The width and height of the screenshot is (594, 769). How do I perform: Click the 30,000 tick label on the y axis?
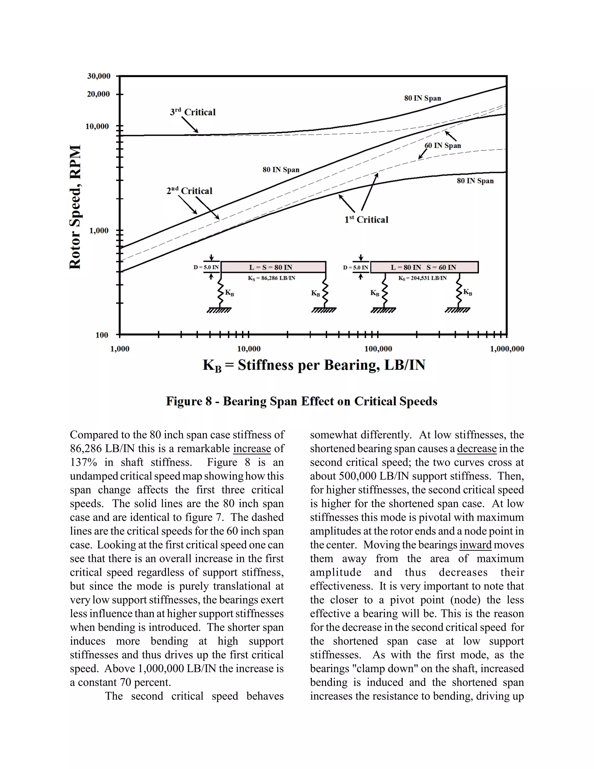pyautogui.click(x=99, y=76)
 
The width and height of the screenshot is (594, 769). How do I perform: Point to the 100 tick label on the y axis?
pyautogui.click(x=102, y=335)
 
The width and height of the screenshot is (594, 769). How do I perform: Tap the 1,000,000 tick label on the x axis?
pyautogui.click(x=507, y=349)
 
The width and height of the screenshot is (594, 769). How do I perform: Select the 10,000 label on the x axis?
pyautogui.click(x=249, y=349)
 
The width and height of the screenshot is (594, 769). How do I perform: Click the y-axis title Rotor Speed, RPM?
pyautogui.click(x=75, y=207)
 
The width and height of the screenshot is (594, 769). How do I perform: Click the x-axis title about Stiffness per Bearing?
pyautogui.click(x=314, y=365)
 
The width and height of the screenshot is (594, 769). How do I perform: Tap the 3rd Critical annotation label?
pyautogui.click(x=193, y=112)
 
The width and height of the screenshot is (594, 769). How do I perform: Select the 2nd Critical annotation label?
pyautogui.click(x=189, y=191)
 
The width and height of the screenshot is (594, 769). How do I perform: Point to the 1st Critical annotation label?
pyautogui.click(x=366, y=220)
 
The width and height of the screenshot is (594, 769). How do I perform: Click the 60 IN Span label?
pyautogui.click(x=442, y=146)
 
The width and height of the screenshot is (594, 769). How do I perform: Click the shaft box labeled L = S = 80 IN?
pyautogui.click(x=273, y=267)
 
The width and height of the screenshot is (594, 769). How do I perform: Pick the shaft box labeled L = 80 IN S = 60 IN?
pyautogui.click(x=424, y=267)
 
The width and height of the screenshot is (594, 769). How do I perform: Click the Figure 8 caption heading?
pyautogui.click(x=302, y=401)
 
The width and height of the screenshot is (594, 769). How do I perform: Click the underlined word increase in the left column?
pyautogui.click(x=252, y=449)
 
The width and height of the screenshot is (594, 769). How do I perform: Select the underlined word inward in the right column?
pyautogui.click(x=475, y=545)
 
